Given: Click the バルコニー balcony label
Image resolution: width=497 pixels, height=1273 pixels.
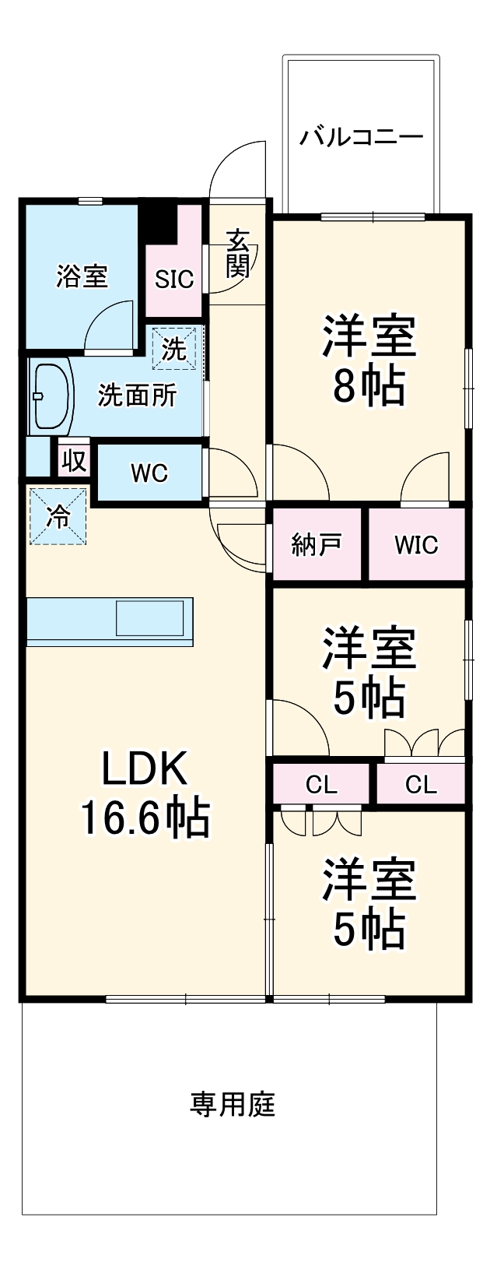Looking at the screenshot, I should tap(362, 138).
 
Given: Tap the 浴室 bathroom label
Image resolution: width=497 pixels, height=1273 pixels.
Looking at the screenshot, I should tap(82, 276).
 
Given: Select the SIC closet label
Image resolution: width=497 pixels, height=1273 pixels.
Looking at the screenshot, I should tap(173, 280).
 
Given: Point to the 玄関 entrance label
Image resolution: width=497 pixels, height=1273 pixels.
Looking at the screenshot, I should tap(238, 254).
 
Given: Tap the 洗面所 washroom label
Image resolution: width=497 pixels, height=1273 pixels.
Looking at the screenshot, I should tap(137, 396).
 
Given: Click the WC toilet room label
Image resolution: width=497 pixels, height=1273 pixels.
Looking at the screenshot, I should tap(149, 473).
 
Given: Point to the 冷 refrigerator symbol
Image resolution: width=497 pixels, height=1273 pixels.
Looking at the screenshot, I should tap(58, 516).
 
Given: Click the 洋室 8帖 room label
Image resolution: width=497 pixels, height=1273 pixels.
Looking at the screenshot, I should tap(369, 359).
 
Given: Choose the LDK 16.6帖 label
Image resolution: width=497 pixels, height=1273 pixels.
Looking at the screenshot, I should tap(145, 794).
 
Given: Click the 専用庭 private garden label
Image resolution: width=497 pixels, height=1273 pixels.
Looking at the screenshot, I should tap(233, 1104).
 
